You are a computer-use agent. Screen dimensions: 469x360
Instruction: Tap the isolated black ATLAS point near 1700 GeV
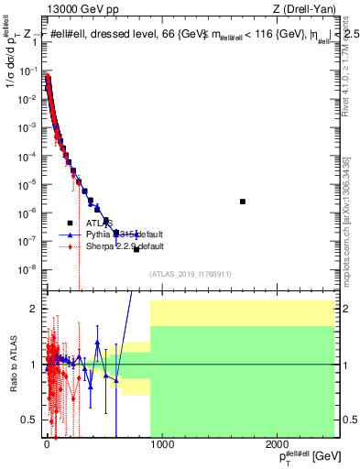[x=243, y=202]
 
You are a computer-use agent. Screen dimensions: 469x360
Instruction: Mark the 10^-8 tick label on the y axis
[x=27, y=269]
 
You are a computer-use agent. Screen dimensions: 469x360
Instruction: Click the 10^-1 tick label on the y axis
[x=27, y=71]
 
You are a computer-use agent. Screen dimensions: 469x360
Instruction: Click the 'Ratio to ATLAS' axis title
[x=12, y=364]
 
